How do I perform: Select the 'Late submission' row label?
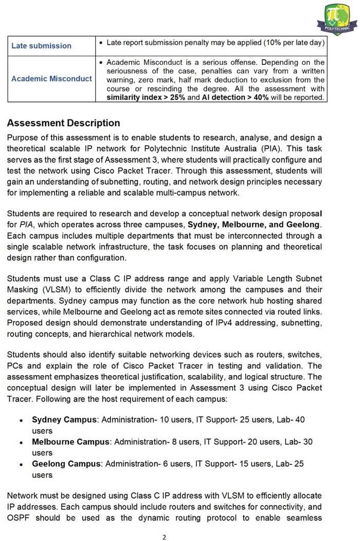coord(41,46)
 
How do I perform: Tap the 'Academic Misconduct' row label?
coord(51,79)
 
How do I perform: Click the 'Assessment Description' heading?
coord(63,123)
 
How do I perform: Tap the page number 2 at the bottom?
coord(164,537)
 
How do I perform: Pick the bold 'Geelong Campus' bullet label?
coord(66,464)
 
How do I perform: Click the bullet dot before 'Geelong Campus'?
coord(20,464)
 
